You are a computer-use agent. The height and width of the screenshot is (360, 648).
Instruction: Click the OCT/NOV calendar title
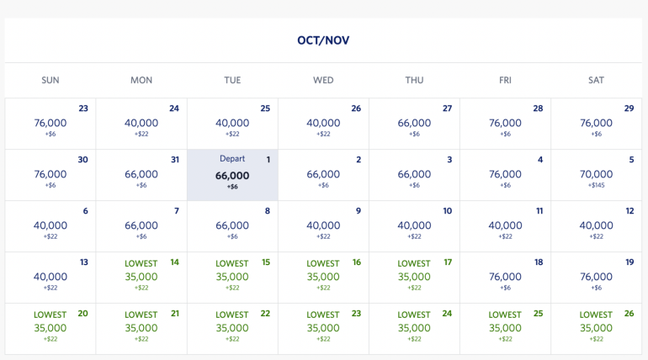click(x=323, y=40)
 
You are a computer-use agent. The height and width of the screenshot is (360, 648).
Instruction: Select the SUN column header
click(x=50, y=80)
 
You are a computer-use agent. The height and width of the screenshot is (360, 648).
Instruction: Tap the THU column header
click(x=414, y=80)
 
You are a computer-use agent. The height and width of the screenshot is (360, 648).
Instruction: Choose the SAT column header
click(x=596, y=80)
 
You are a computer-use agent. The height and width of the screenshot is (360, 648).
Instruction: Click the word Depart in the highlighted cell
click(x=232, y=160)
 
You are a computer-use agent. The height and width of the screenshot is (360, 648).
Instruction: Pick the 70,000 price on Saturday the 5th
click(x=596, y=175)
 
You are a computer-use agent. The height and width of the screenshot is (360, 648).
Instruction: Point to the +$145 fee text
click(x=596, y=186)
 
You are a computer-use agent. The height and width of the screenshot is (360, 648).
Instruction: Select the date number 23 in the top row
click(x=83, y=109)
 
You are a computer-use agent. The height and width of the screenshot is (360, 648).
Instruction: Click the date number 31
click(x=174, y=160)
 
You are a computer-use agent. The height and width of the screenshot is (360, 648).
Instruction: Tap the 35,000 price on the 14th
click(x=141, y=277)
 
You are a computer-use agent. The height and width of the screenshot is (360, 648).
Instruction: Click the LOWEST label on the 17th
click(x=414, y=263)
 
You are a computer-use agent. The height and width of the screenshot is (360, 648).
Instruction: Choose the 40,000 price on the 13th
click(x=50, y=277)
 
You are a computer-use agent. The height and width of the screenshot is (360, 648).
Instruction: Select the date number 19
click(x=629, y=262)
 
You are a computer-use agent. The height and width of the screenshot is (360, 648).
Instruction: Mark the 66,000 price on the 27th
click(x=414, y=123)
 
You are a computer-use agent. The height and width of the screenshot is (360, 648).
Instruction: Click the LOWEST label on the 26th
click(x=596, y=315)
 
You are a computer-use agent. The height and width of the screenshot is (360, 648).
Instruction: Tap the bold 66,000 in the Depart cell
click(x=232, y=175)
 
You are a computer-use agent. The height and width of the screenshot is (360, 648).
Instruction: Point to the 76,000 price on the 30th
click(x=50, y=174)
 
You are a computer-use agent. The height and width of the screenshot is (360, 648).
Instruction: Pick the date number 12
click(x=629, y=211)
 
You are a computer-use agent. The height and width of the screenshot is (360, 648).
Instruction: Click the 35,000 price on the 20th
click(x=50, y=328)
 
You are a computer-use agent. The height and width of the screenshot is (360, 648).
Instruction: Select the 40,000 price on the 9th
click(x=323, y=225)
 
